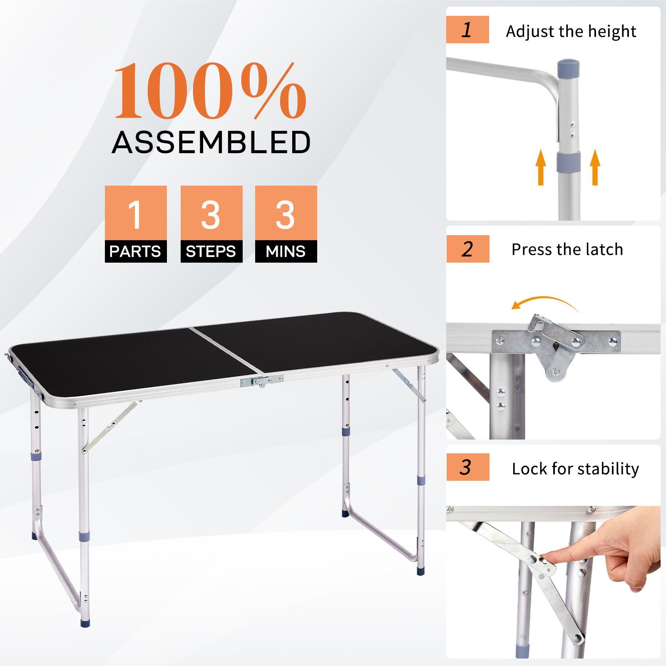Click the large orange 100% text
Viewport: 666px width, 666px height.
point(210,91)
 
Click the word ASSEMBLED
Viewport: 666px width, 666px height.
point(211,142)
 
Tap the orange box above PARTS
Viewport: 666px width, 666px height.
point(136,213)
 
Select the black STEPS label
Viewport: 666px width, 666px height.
point(211,252)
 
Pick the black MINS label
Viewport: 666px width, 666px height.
point(286,252)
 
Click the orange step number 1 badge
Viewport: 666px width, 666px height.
point(467,30)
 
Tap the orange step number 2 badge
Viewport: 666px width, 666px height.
point(467,249)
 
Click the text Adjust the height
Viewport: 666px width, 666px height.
point(571,32)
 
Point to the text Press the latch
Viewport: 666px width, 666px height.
point(567,249)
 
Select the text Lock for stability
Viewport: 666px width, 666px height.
point(575,469)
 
